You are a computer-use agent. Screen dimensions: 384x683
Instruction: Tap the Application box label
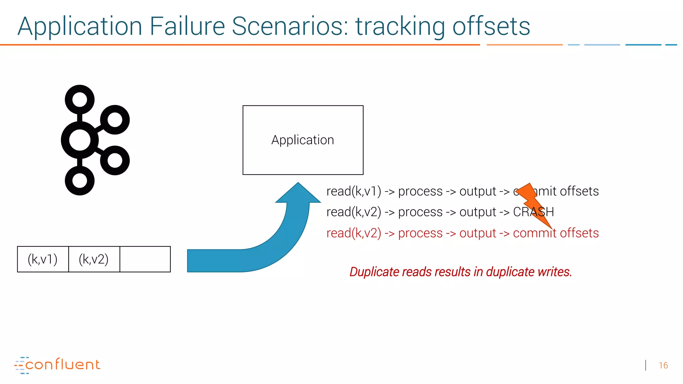point(302,140)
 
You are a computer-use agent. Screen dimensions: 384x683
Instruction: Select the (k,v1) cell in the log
point(43,259)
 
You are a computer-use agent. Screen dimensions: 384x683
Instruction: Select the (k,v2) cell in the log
point(94,259)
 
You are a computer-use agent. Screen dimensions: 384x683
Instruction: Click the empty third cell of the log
point(145,259)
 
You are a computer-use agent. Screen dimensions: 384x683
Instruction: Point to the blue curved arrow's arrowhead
point(298,193)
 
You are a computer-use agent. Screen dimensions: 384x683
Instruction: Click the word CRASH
point(533,212)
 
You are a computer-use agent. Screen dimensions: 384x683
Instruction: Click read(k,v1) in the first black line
point(354,191)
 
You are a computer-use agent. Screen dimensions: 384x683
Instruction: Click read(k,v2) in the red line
point(354,233)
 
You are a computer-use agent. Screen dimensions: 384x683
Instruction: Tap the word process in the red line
point(420,233)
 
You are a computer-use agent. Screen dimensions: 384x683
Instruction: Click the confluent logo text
point(62,365)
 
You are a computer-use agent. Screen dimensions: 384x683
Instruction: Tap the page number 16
point(663,366)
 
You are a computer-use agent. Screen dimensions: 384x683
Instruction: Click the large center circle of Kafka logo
point(80,140)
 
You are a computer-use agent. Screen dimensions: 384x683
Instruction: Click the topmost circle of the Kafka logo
point(80,100)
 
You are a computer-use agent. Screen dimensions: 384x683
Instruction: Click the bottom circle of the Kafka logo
point(80,181)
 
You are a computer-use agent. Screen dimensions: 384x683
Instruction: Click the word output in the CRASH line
point(478,212)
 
